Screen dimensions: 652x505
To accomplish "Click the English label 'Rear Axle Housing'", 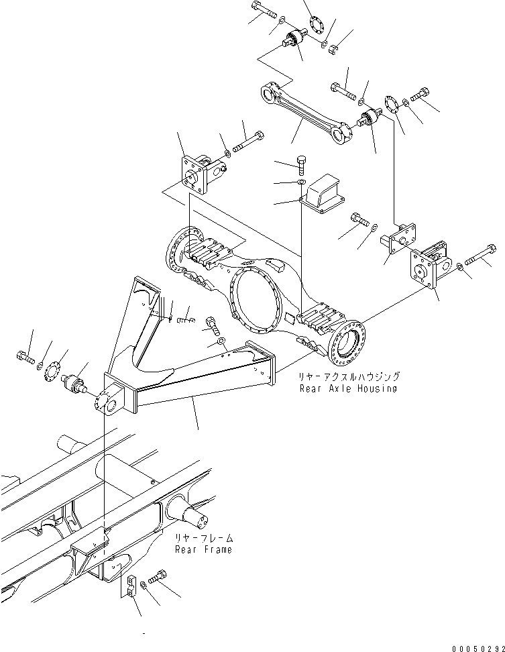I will point(348,388).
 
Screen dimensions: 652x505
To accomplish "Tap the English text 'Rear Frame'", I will point(203,549).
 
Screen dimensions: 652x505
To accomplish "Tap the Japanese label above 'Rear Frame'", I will point(204,538).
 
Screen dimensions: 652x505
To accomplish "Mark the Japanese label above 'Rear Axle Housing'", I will point(349,377).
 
